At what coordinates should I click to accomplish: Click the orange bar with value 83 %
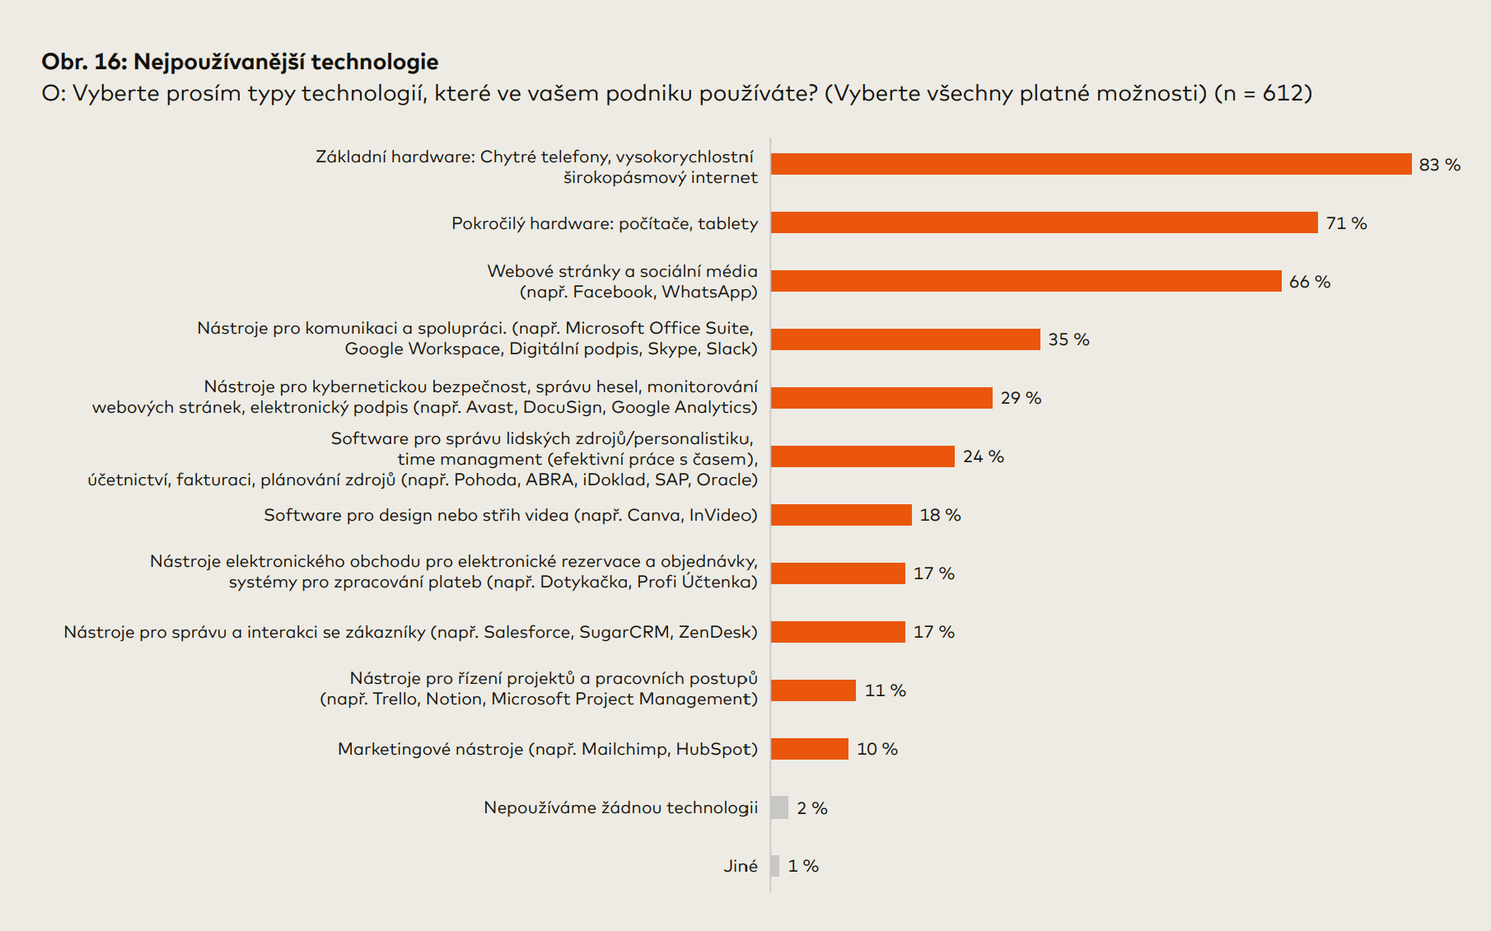[1091, 164]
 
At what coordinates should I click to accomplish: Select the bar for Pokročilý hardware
[1044, 222]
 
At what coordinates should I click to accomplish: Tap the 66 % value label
[1309, 282]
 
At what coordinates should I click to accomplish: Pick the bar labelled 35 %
[905, 339]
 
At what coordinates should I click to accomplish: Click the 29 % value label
[1021, 398]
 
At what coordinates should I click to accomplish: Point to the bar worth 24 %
[862, 456]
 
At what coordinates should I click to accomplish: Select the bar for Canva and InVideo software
[841, 515]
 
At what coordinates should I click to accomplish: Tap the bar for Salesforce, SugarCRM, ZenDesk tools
[838, 632]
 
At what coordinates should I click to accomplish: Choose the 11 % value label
[885, 690]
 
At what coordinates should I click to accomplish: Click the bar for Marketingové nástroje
[809, 749]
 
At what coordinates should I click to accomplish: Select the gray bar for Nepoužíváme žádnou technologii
[779, 807]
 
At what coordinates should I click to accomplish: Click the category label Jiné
[740, 866]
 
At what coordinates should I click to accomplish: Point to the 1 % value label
[803, 866]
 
